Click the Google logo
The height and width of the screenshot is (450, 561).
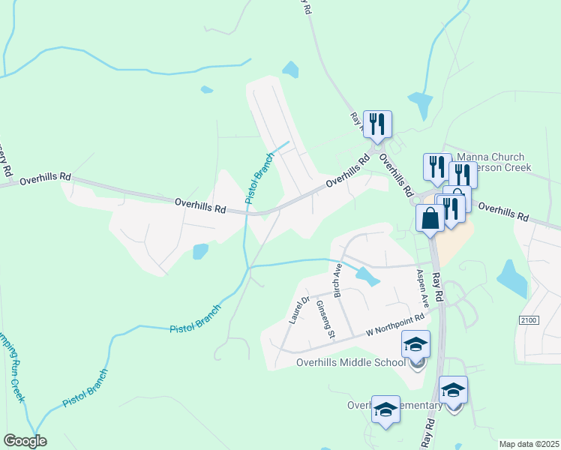point(25,441)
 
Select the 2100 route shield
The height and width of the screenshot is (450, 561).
point(528,320)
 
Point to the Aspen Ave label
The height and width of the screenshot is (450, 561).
point(422,287)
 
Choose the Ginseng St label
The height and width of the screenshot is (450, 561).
point(324,320)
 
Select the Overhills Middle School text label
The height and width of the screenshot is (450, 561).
point(351,363)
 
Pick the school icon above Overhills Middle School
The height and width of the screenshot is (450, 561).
point(416,345)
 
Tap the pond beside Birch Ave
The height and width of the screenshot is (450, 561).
point(367,276)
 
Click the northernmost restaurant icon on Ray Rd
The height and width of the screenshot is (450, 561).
point(377,124)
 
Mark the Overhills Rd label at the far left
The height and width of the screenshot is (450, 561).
point(46,179)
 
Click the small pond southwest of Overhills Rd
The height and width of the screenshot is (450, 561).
point(200,251)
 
